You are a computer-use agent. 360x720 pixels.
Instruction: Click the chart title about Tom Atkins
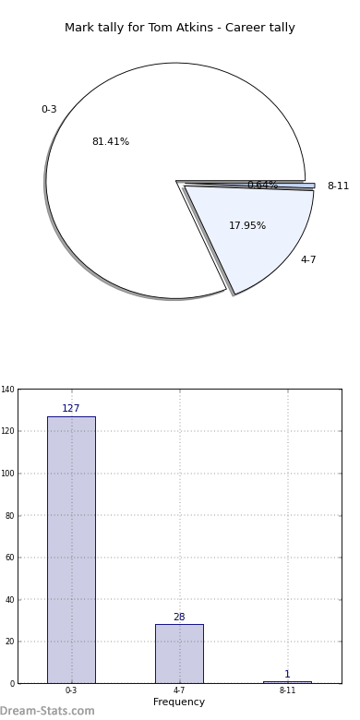click(180, 28)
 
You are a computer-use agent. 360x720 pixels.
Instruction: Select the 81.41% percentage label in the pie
click(111, 142)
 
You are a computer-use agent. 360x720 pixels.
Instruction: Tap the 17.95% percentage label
click(247, 225)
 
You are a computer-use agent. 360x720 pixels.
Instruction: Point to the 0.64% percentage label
click(263, 185)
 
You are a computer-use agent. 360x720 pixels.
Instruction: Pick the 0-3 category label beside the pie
click(49, 109)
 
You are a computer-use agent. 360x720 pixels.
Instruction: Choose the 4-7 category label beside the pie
click(308, 259)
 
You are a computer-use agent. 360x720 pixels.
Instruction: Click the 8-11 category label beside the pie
click(338, 186)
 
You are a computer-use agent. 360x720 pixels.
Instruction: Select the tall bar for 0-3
click(72, 549)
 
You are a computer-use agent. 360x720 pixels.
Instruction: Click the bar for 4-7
click(180, 654)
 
